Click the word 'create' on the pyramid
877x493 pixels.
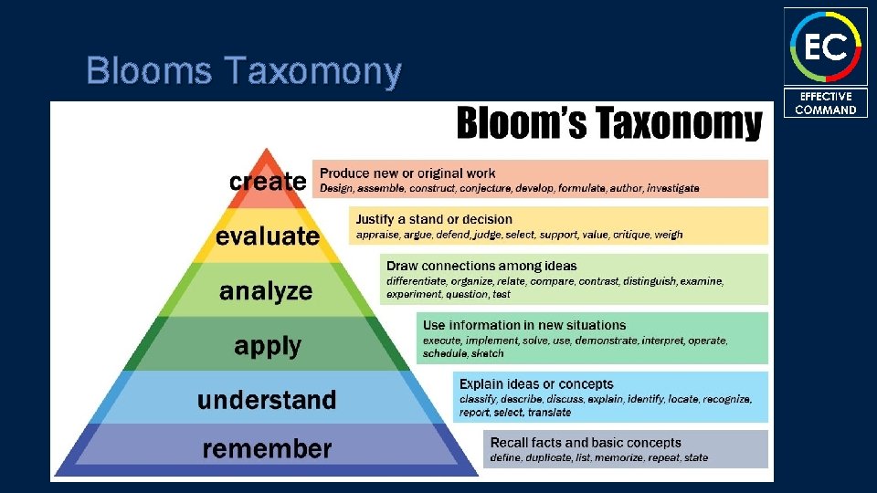(x=267, y=181)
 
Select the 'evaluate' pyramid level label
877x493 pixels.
(x=268, y=236)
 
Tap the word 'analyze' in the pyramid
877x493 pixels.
(x=266, y=292)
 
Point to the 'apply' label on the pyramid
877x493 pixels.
(x=268, y=346)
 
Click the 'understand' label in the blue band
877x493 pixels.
(x=267, y=400)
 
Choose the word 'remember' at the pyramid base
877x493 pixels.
(x=267, y=448)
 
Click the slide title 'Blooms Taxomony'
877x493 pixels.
(x=243, y=70)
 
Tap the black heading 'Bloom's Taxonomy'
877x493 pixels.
(x=608, y=123)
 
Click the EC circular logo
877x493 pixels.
(x=825, y=45)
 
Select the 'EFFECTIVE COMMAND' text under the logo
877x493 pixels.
(x=825, y=103)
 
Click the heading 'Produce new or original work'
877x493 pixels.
(x=407, y=173)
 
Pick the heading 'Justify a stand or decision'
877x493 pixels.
(x=434, y=219)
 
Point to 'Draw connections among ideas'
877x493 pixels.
(x=481, y=266)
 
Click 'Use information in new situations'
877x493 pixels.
(x=523, y=325)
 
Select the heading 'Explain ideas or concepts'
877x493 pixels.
(x=536, y=384)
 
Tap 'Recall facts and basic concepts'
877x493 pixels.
(x=586, y=443)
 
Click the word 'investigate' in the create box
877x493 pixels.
(x=672, y=188)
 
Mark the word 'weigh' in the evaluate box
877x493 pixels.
(x=669, y=235)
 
